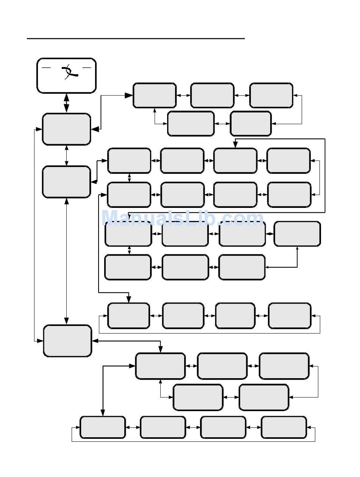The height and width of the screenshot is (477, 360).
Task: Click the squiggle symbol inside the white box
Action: [69, 72]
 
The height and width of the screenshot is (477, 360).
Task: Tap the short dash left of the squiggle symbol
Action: [46, 67]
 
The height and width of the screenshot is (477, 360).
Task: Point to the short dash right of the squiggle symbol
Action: [87, 67]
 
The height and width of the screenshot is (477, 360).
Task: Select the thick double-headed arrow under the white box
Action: [66, 103]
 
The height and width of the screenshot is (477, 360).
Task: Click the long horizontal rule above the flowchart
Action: [136, 39]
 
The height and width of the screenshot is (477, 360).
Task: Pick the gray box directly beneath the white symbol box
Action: [66, 129]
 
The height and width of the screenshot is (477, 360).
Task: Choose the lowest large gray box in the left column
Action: [67, 341]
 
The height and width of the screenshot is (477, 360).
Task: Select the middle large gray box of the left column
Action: [66, 182]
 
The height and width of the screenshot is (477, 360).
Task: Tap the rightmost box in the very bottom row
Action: [284, 427]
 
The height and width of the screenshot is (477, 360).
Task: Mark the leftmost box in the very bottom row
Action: [103, 427]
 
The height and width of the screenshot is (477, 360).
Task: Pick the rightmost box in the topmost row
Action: [271, 95]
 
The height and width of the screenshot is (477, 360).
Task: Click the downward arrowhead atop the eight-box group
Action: [235, 145]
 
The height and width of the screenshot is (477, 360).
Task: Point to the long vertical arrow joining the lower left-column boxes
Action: [67, 261]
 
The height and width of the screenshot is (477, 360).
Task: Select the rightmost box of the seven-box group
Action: [297, 234]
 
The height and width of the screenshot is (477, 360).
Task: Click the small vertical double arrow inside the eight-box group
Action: [130, 178]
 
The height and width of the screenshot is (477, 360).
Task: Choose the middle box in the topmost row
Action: [212, 95]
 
